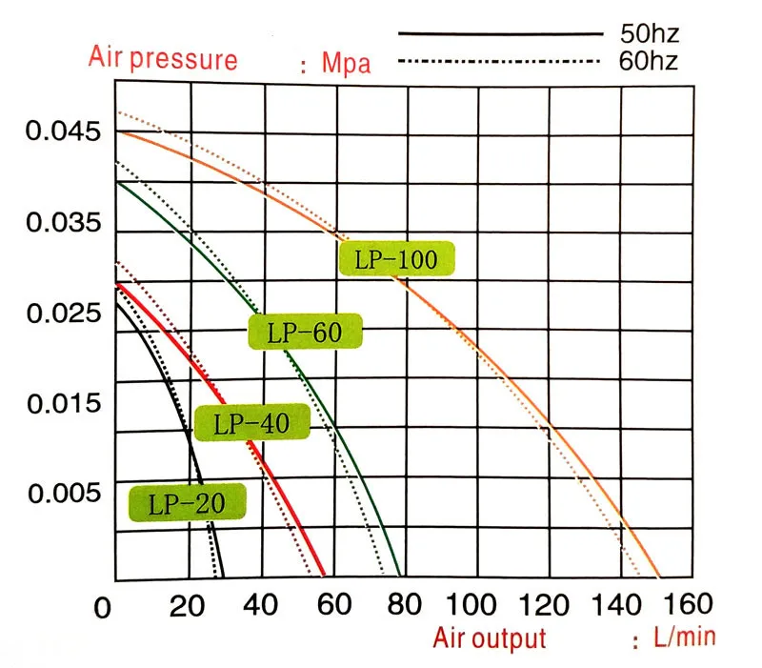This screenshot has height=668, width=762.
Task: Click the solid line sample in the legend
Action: [x=495, y=34]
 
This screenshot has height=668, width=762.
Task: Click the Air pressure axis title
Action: [x=163, y=59]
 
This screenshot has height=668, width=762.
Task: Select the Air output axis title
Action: [x=490, y=638]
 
